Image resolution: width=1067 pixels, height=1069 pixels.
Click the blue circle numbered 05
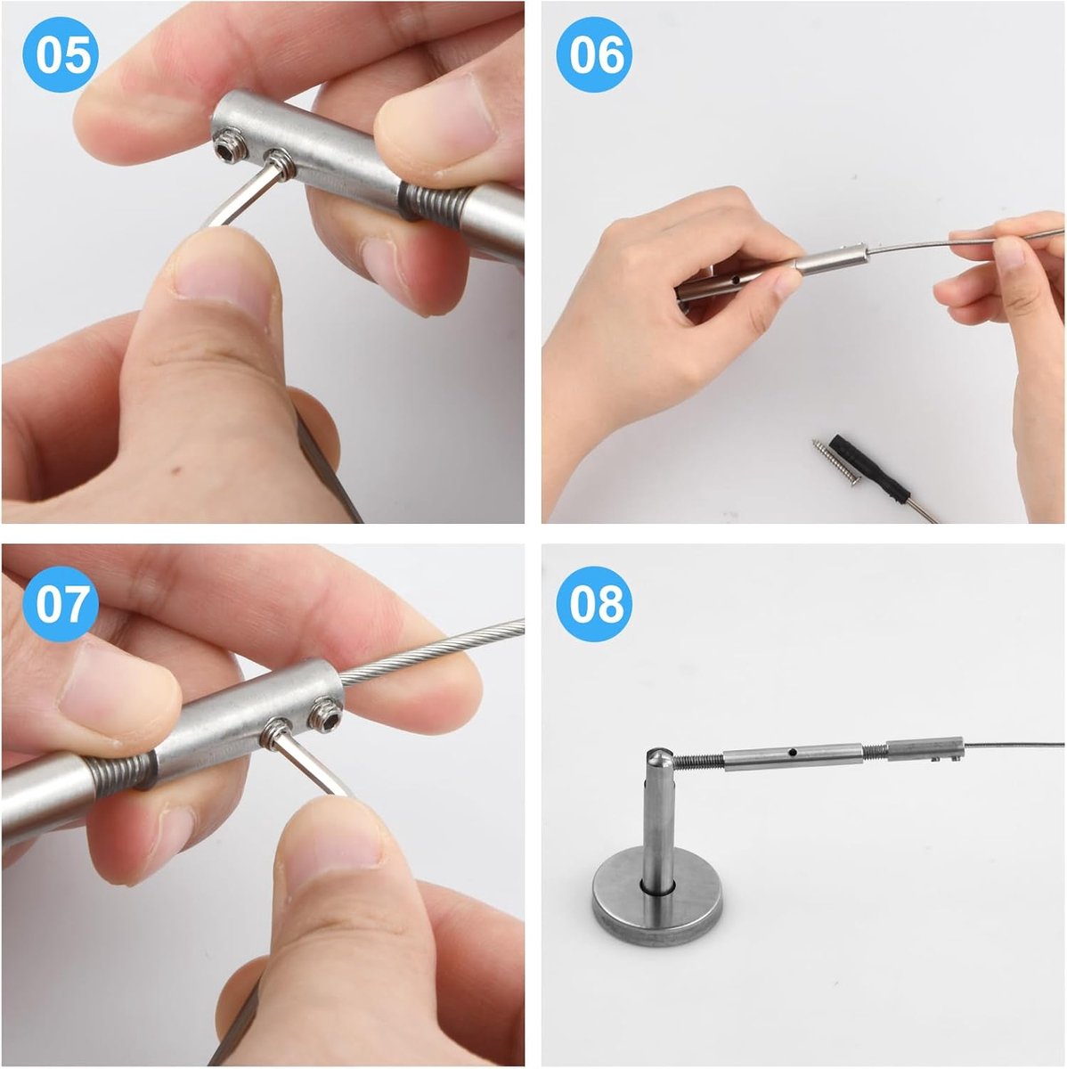coord(61,54)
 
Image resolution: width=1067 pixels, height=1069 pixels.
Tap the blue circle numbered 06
coord(594,54)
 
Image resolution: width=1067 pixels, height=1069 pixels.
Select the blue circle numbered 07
coord(61,604)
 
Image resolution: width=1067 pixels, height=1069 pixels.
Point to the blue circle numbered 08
coord(594,604)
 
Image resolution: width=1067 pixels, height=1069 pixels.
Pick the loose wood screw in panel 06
coord(835,461)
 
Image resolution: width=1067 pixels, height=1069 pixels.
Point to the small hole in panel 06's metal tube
coord(735,282)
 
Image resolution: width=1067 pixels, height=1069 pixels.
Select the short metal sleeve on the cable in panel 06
coord(830,259)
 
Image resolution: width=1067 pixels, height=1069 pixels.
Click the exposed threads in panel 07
coord(121,771)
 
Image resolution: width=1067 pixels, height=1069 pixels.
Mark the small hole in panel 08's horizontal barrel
coord(794,752)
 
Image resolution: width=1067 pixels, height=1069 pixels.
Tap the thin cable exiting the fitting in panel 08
coord(1014,744)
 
